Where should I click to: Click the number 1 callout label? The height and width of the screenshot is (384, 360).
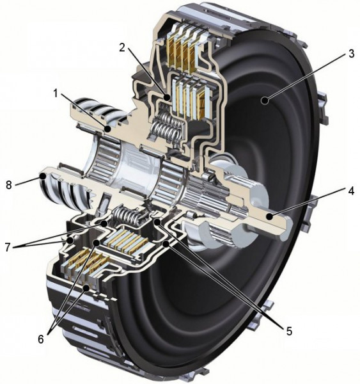pyautogui.click(x=56, y=93)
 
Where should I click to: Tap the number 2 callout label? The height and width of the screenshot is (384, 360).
pyautogui.click(x=122, y=47)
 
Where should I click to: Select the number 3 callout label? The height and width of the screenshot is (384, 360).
pyautogui.click(x=352, y=54)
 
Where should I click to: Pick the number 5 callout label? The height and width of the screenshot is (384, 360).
pyautogui.click(x=289, y=331)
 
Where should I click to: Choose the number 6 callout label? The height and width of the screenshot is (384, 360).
pyautogui.click(x=41, y=339)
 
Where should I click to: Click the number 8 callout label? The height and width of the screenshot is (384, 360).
pyautogui.click(x=9, y=185)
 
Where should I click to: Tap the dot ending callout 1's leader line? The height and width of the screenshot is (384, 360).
pyautogui.click(x=107, y=129)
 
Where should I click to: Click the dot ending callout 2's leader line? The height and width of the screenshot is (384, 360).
pyautogui.click(x=167, y=98)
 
